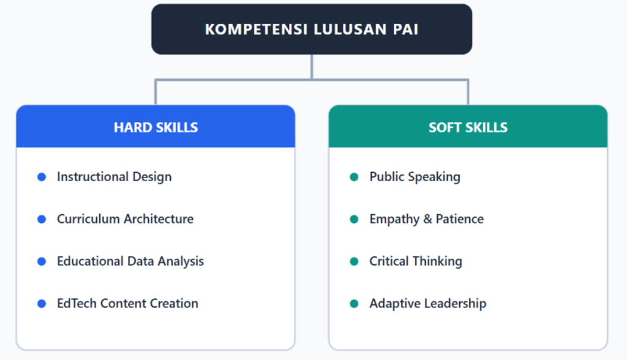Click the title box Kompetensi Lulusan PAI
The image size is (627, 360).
[312, 29]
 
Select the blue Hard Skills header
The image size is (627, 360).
[156, 126]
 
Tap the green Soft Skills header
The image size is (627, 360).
[468, 126]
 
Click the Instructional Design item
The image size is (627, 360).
[115, 177]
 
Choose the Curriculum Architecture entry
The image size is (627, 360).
[125, 219]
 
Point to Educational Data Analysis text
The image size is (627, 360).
[130, 261]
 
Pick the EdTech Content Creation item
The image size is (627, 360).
[127, 303]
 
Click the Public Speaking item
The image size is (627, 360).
[415, 177]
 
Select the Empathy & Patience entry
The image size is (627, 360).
[426, 219]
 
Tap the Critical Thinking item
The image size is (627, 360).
[416, 261]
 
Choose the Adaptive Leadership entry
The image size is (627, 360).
[428, 304]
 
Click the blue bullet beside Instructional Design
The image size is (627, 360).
[42, 177]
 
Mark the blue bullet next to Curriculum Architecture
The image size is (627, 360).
[42, 219]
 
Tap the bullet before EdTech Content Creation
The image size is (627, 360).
[42, 304]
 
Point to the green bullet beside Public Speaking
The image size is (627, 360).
[354, 177]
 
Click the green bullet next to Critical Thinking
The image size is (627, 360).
[354, 261]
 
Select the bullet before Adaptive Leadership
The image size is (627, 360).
[354, 304]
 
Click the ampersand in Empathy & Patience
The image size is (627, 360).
[427, 219]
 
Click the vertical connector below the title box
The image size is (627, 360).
[312, 67]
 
